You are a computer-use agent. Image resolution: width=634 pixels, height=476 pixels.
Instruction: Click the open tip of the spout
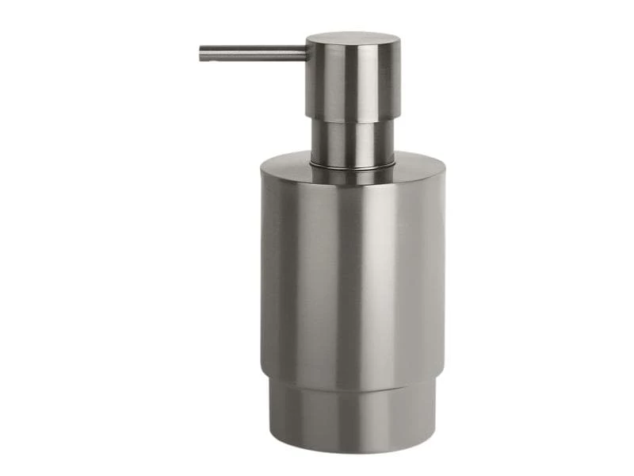pyautogui.click(x=201, y=54)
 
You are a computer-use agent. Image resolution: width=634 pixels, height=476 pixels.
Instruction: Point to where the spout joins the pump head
pyautogui.click(x=306, y=53)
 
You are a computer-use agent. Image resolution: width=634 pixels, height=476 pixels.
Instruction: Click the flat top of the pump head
pyautogui.click(x=353, y=38)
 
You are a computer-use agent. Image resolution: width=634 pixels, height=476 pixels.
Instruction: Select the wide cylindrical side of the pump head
pyautogui.click(x=353, y=79)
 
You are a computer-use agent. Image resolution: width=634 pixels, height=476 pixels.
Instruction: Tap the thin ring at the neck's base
pyautogui.click(x=353, y=166)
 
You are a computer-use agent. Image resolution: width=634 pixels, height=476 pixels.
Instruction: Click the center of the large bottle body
pyautogui.click(x=353, y=270)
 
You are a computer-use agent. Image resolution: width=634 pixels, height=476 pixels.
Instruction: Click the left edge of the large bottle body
pyautogui.click(x=262, y=270)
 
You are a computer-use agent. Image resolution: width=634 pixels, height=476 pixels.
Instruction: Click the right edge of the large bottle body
pyautogui.click(x=444, y=270)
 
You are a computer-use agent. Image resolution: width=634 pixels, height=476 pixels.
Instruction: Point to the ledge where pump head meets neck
pyautogui.click(x=353, y=121)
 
